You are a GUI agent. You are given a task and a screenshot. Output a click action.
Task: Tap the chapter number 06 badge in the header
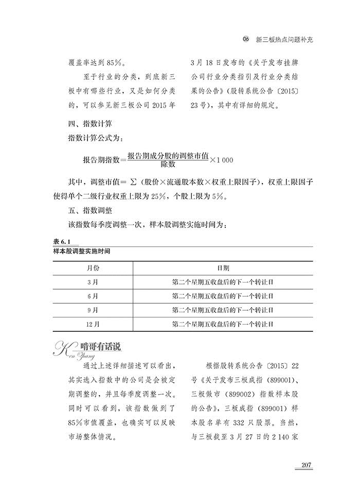[246, 39]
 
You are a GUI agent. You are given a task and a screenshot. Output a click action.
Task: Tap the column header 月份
[93, 269]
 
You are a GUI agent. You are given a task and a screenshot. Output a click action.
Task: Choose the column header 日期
[223, 269]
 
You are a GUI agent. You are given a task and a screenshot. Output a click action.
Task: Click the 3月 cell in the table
[93, 282]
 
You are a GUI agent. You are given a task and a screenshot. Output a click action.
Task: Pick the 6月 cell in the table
[93, 296]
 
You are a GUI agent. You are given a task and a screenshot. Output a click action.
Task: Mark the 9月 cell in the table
[93, 310]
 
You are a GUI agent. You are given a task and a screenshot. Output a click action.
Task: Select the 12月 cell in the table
[93, 325]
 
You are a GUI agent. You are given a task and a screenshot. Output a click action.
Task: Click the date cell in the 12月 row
[223, 325]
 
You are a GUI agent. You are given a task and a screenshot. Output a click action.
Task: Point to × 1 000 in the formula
[222, 160]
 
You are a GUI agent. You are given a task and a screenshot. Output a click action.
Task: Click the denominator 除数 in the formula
[168, 165]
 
